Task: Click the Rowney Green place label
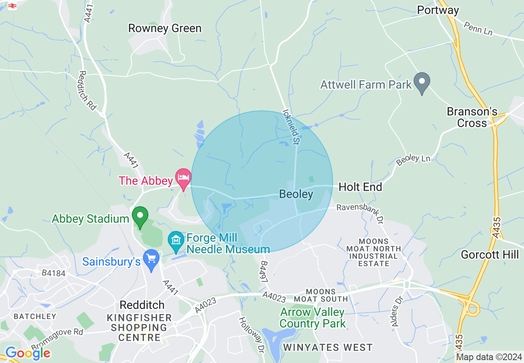coord(165,28)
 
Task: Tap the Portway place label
coord(438,10)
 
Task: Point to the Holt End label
coord(360,187)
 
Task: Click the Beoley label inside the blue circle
coord(296,194)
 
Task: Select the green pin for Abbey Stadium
coord(140,216)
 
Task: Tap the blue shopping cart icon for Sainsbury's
coord(151,259)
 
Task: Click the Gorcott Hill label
coord(490,255)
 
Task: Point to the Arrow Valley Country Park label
coord(312,318)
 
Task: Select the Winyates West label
coord(328,348)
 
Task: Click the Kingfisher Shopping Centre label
coord(139,328)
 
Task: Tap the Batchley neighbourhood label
coord(35,316)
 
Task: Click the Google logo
coord(28,353)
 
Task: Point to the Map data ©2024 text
coord(488,357)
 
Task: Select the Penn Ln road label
coord(478,29)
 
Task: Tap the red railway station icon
coord(12,5)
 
